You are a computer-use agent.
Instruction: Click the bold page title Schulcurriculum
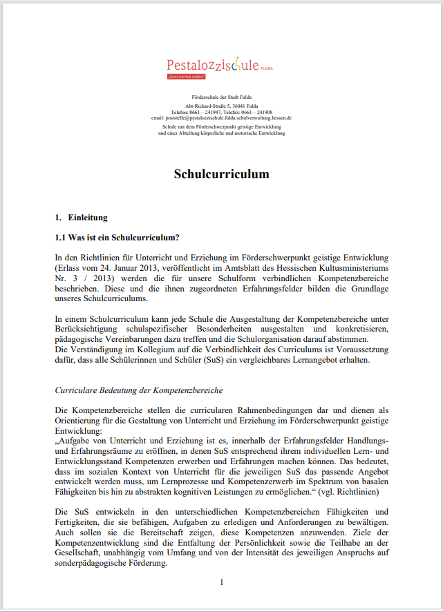click(221, 174)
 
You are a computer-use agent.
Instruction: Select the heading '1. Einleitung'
click(81, 218)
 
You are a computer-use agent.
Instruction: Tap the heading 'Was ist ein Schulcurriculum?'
click(124, 238)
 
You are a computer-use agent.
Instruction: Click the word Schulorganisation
click(286, 338)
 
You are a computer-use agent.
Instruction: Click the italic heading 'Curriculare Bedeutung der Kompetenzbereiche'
click(138, 391)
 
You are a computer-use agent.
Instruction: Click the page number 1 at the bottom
click(221, 582)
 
